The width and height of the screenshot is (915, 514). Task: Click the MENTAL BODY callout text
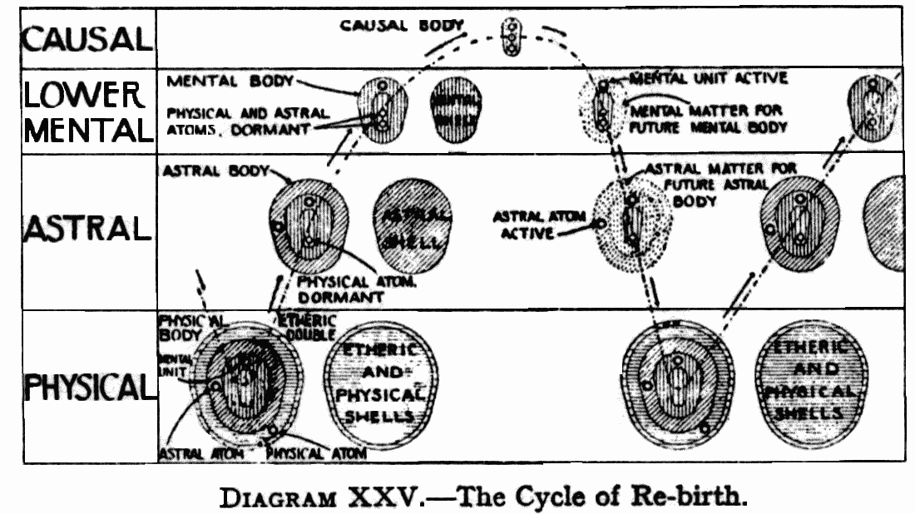pyautogui.click(x=230, y=82)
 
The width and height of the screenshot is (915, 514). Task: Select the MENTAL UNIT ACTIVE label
pyautogui.click(x=707, y=79)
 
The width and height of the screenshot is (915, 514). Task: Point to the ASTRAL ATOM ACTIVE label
pyautogui.click(x=539, y=225)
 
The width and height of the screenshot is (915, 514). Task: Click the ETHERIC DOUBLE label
pyautogui.click(x=306, y=327)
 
